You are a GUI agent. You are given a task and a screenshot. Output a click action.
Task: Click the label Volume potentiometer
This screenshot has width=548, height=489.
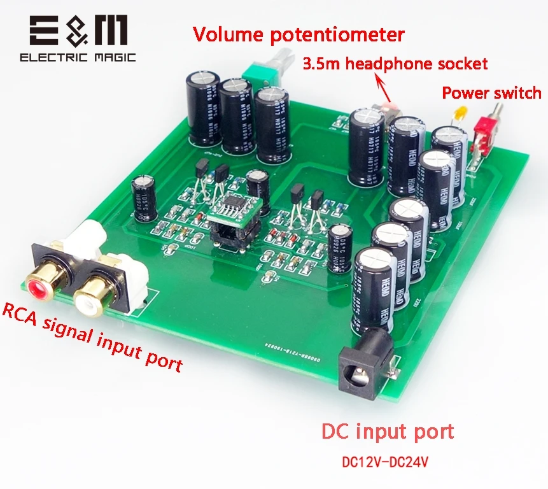(299, 33)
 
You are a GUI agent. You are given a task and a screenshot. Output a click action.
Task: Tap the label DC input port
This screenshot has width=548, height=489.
(388, 431)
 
